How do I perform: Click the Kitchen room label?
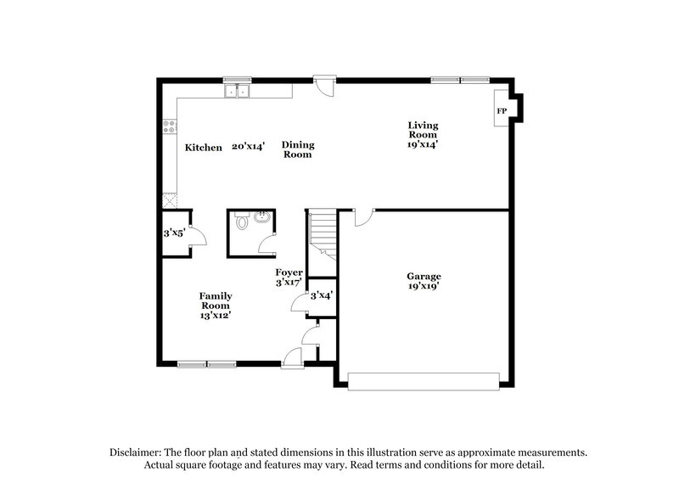pos(204,148)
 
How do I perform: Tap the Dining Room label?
pos(297,149)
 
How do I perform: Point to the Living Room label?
pos(422,130)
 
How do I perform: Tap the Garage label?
pos(424,276)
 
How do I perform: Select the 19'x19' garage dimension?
pos(424,287)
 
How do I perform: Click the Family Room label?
pos(216,300)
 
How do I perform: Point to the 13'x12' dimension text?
pos(216,315)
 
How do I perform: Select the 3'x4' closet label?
pos(322,296)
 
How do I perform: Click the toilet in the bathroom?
pos(242,224)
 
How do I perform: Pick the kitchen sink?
pos(238,89)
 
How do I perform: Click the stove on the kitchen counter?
pos(169,129)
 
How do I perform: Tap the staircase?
pos(323,231)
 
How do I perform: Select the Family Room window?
pos(207,365)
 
